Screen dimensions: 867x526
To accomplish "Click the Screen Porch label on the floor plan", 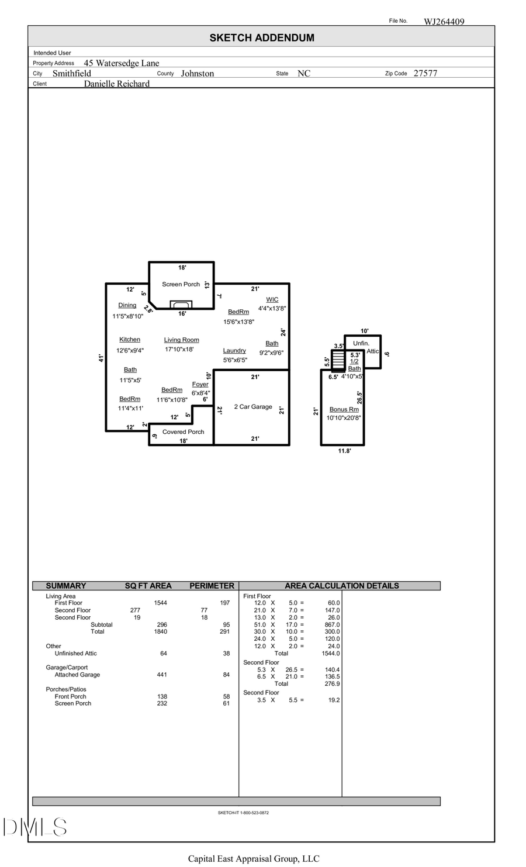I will [x=181, y=284].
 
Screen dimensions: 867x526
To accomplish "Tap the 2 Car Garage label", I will [x=253, y=406].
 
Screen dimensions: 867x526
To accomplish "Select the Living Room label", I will [x=181, y=340].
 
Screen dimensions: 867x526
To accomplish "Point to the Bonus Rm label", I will [x=344, y=409].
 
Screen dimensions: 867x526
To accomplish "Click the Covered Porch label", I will [x=183, y=431].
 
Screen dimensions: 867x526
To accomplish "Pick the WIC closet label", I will [x=272, y=299].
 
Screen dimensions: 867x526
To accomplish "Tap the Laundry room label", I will [x=234, y=351].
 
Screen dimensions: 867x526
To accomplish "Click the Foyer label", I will [x=200, y=384].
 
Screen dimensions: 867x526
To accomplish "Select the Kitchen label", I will [x=130, y=339].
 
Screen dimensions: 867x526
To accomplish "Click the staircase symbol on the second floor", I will [x=338, y=361].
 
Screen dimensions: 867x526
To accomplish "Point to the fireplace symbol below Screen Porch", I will [x=181, y=305].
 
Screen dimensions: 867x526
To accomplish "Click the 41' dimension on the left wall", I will [x=101, y=358].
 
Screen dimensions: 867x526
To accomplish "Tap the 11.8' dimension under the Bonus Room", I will [x=344, y=451].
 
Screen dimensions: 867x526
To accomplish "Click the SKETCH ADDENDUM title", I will [x=262, y=37].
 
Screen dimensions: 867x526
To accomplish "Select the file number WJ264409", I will [x=444, y=22].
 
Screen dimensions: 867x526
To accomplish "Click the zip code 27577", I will [x=425, y=73].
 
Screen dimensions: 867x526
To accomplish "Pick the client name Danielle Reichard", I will [x=116, y=84].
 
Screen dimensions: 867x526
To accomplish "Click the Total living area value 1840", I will [x=160, y=631].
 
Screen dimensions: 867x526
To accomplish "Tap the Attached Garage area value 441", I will [x=162, y=675].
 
